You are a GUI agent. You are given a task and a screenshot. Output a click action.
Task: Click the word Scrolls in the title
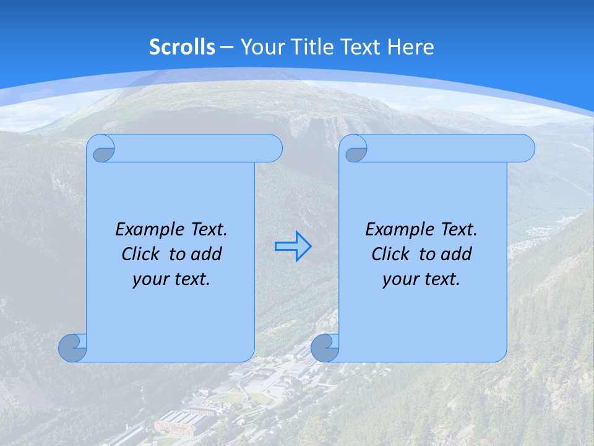182,47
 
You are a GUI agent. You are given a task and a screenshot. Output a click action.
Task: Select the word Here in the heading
411,47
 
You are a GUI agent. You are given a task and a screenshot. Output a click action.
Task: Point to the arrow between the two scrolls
293,247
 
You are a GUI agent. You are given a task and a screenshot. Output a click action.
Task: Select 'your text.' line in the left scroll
171,279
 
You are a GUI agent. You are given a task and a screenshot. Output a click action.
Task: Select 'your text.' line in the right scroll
421,279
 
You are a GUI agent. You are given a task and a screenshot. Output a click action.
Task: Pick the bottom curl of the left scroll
73,348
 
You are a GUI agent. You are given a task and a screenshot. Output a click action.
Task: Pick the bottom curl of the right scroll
325,348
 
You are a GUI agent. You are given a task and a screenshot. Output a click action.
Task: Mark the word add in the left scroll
207,254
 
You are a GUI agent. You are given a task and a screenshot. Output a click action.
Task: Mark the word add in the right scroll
457,254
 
